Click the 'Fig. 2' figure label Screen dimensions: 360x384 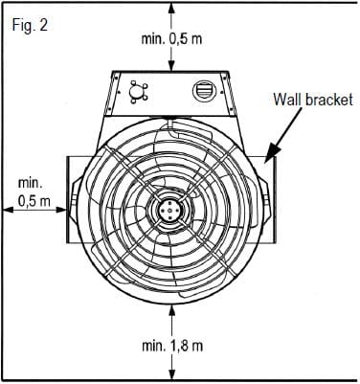tap(30, 25)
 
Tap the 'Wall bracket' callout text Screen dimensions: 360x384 tap(313, 100)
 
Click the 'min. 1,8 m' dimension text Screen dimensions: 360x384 tap(172, 346)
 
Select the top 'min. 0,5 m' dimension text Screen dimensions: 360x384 tap(171, 39)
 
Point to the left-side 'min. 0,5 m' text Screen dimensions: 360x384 tap(34, 192)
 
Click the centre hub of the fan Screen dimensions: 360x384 tap(169, 210)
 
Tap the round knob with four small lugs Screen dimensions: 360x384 tap(138, 92)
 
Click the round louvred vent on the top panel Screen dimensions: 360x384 tap(204, 90)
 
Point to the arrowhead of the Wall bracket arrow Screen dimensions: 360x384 tap(270, 152)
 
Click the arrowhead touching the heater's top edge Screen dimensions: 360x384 tap(172, 66)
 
